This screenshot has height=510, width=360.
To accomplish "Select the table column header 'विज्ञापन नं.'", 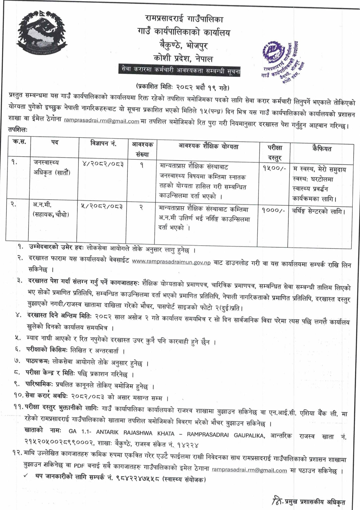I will click(103, 144).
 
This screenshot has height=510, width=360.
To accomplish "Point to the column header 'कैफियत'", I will click(321, 148).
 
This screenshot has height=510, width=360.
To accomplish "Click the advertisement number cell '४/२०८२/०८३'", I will click(103, 164).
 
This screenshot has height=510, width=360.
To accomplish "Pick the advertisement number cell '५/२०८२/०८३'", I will click(103, 206).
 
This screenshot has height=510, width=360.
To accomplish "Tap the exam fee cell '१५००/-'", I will click(274, 168).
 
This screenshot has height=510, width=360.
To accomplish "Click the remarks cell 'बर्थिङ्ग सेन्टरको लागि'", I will click(318, 211).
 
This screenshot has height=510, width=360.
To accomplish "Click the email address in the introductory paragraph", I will click(102, 121).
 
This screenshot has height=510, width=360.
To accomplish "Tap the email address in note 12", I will click(249, 470).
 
